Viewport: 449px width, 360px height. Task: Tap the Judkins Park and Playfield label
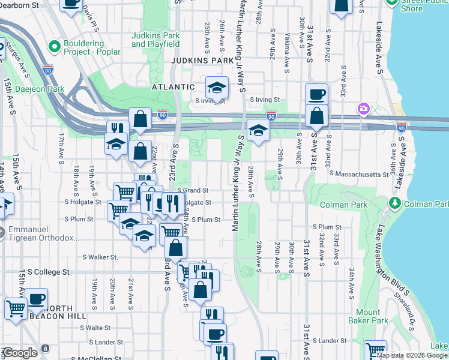(155, 40)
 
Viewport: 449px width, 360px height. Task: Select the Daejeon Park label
(32, 89)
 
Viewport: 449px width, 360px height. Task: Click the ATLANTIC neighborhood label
(157, 86)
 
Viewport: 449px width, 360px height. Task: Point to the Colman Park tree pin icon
(395, 204)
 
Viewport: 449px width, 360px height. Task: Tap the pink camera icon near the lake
(363, 109)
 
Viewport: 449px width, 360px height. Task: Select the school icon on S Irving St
(216, 88)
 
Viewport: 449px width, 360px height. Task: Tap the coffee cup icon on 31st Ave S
(316, 94)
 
